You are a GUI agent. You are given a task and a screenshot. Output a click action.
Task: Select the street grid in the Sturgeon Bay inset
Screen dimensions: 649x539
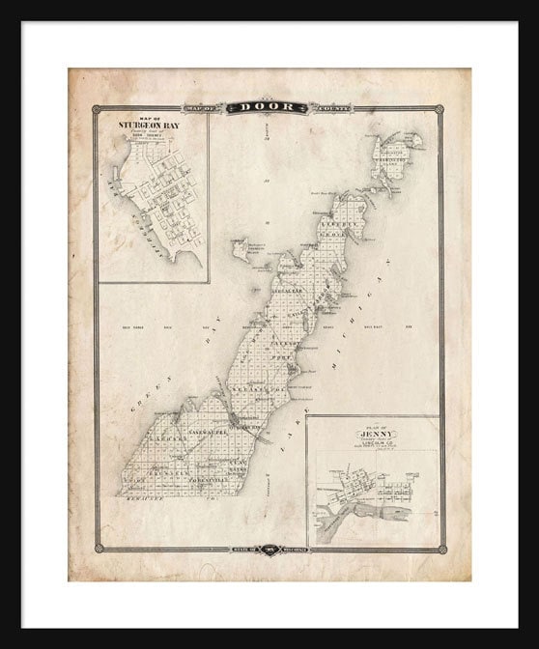click(x=159, y=208)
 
